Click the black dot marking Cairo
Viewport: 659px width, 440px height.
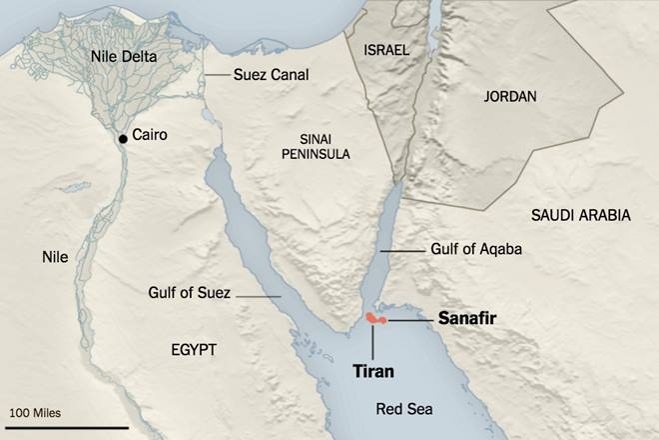tap(122, 138)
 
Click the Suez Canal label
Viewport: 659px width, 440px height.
tap(271, 75)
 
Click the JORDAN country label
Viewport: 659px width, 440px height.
tap(509, 97)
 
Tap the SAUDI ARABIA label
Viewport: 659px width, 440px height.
tap(580, 214)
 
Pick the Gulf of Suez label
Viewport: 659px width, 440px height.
tap(188, 293)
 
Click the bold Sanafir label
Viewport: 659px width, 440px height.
tap(468, 318)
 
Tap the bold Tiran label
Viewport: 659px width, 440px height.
tap(373, 371)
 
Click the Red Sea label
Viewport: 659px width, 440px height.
tap(405, 408)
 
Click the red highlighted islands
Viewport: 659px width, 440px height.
tap(375, 318)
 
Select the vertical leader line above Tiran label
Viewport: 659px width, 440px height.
tap(371, 340)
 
